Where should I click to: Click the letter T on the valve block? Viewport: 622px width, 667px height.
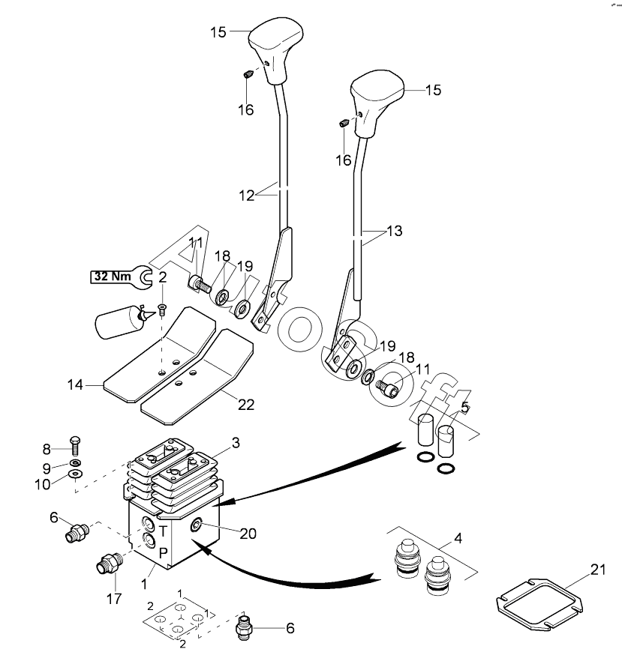(x=163, y=530)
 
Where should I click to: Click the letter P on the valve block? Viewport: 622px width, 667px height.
(x=163, y=553)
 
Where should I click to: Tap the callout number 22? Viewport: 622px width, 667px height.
(x=246, y=405)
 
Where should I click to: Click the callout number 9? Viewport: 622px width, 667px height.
(x=47, y=468)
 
